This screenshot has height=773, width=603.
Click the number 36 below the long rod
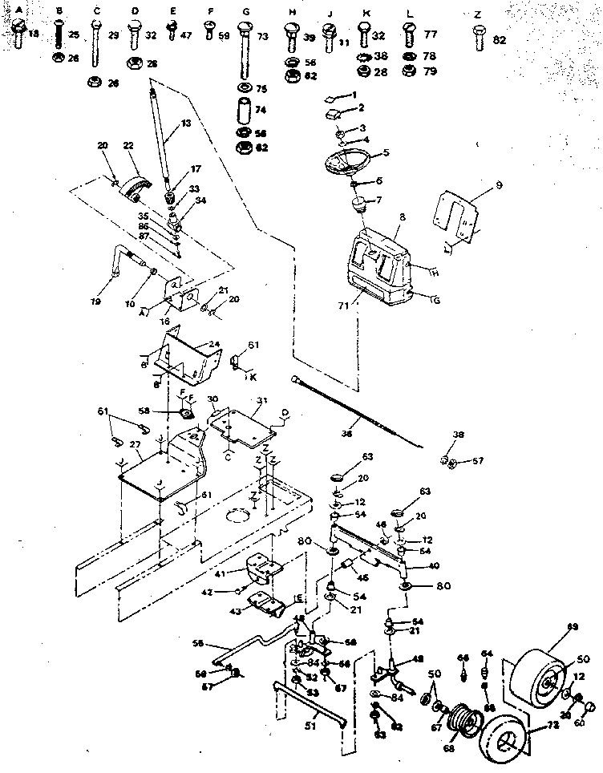[347, 434]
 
